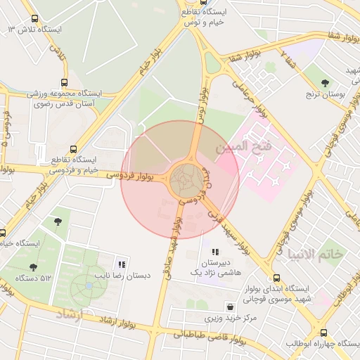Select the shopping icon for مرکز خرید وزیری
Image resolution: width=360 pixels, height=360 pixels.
coord(230,307)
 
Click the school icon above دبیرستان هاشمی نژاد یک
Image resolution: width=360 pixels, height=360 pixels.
coord(214,252)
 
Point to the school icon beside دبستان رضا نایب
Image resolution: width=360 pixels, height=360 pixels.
coord(122,265)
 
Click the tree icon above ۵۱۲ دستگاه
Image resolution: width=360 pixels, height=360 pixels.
coord(33,267)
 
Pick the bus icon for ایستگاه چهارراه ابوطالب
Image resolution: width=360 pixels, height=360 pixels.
coord(323,333)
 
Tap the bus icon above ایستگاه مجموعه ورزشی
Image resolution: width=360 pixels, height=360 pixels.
coord(65,82)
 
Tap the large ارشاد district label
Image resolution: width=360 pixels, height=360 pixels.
coord(68,313)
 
